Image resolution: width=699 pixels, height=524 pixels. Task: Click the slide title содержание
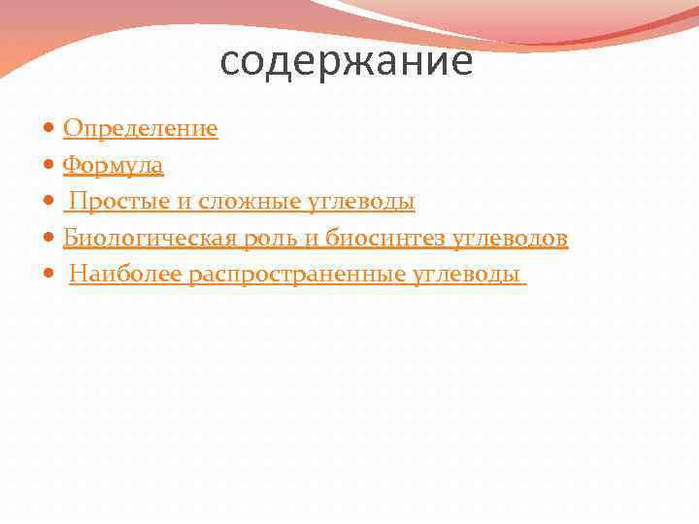point(347,62)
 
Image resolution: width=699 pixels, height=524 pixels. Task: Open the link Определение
point(140,129)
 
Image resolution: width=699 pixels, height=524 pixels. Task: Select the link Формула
point(113,166)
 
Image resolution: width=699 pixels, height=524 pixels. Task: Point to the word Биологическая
point(137,239)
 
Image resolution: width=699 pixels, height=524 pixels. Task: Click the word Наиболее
point(125,276)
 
